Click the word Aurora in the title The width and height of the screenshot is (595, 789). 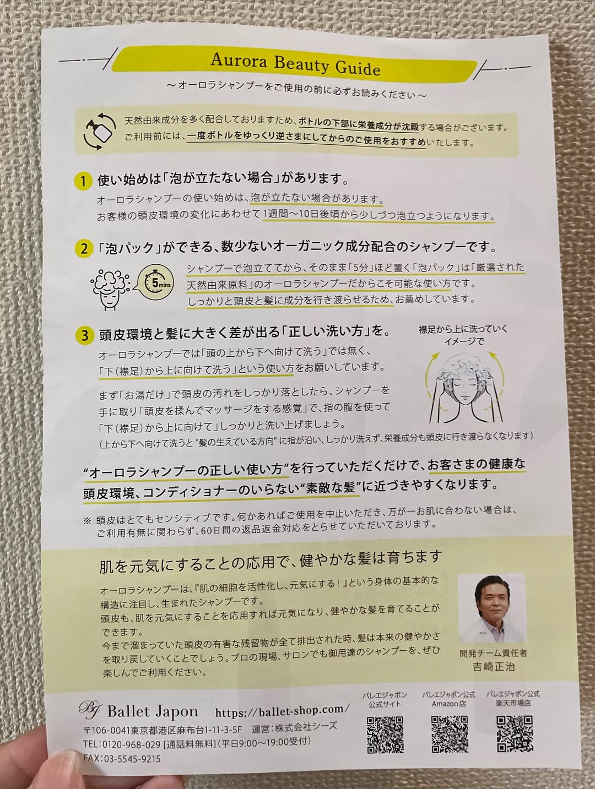(x=239, y=61)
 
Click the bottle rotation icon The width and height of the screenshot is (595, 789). (x=100, y=131)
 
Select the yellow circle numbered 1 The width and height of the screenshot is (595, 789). (x=83, y=181)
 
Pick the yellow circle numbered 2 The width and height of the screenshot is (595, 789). (x=84, y=248)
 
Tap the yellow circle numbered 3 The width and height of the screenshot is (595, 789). (x=85, y=335)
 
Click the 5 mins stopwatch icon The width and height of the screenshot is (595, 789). (x=156, y=282)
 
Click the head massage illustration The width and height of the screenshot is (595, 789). (x=465, y=387)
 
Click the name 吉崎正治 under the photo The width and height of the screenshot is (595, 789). (x=494, y=667)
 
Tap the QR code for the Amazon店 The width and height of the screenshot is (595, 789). (x=450, y=734)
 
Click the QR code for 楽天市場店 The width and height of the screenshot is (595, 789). (x=515, y=733)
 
